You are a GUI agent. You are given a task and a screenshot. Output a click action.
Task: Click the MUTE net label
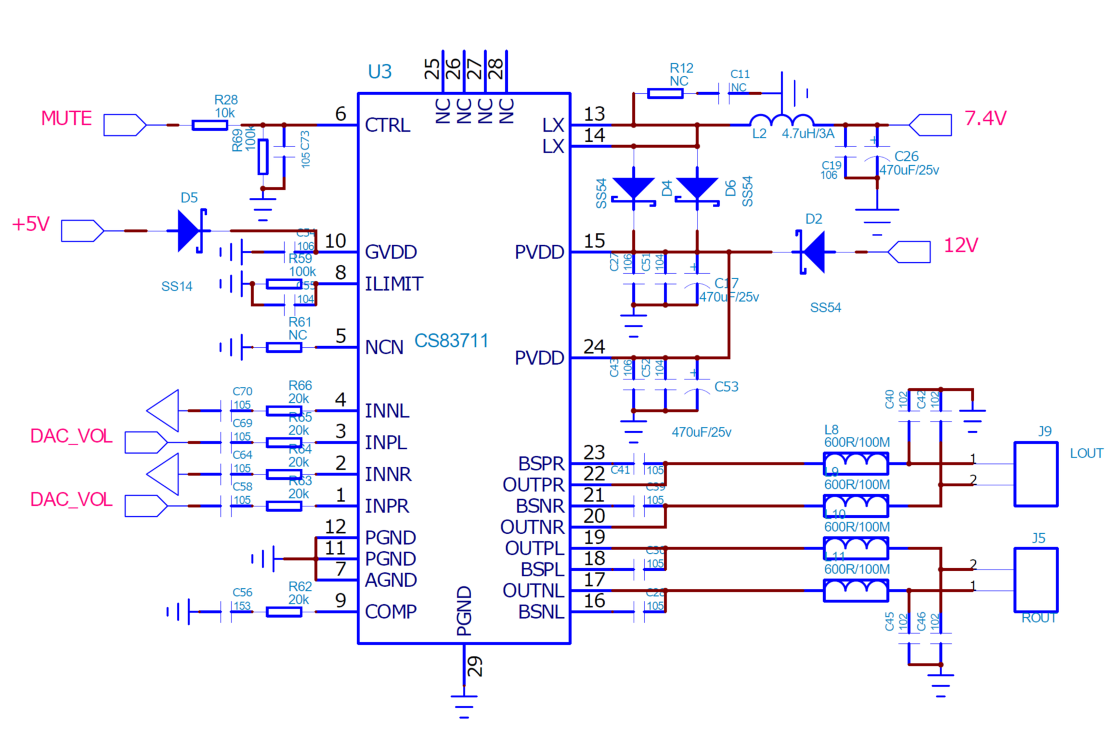[x=66, y=118]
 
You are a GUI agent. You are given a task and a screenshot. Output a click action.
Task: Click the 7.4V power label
[x=985, y=118]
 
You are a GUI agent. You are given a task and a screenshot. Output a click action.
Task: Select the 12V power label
[x=960, y=245]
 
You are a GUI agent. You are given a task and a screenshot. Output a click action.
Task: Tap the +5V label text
[x=31, y=224]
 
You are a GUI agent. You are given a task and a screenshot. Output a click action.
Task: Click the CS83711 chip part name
[x=451, y=341]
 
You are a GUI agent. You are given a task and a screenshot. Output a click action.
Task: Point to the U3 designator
[x=380, y=72]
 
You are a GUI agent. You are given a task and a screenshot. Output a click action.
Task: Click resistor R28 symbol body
[x=209, y=125]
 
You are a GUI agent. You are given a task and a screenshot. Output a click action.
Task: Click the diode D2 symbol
[x=813, y=252]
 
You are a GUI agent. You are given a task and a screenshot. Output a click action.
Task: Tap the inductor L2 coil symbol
[x=782, y=120]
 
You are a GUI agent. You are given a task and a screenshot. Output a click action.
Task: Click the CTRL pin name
[x=387, y=125]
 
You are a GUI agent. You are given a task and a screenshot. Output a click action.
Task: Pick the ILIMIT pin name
[x=394, y=284]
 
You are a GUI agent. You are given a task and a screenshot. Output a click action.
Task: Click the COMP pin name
[x=391, y=612]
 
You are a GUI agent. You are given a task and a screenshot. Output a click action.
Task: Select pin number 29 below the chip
[x=475, y=666]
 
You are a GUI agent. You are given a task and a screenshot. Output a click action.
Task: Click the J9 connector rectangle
[x=1035, y=474]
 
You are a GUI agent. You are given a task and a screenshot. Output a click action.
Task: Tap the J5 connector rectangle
[x=1035, y=580]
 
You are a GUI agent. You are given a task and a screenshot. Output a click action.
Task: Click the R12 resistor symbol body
[x=665, y=94]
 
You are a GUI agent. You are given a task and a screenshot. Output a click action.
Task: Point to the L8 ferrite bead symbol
[x=855, y=463]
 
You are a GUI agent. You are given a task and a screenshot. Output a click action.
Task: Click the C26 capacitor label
[x=906, y=156]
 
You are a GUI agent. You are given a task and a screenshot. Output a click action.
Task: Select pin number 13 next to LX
[x=594, y=114]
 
